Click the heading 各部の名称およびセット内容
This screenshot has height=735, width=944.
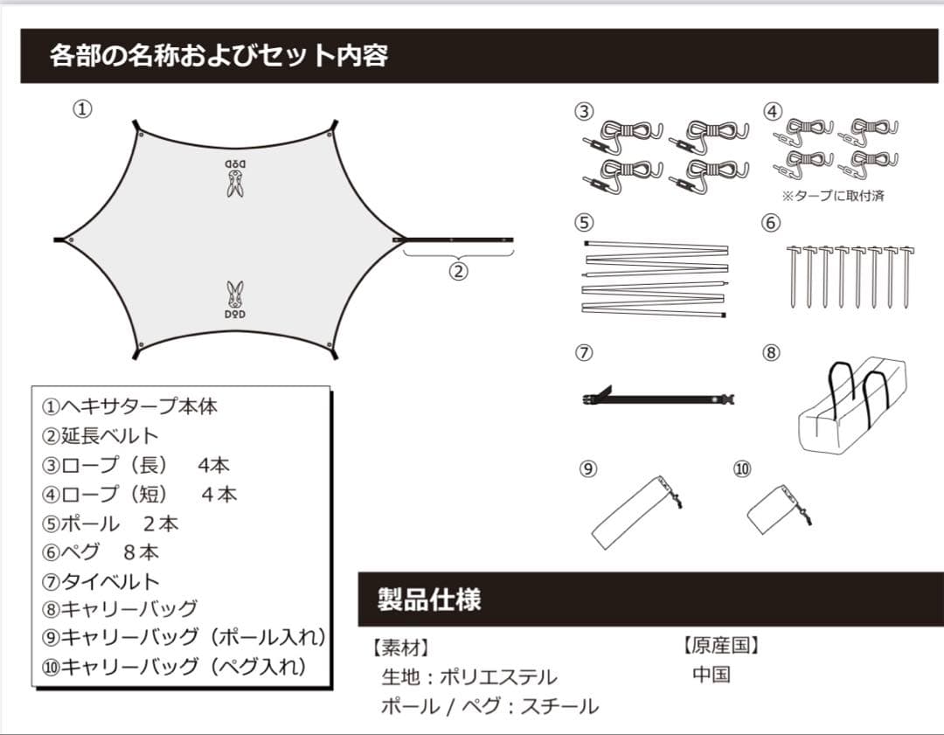219,56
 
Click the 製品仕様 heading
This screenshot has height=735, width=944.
429,600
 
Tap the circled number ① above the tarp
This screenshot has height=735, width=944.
81,109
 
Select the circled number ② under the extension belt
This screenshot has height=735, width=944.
458,271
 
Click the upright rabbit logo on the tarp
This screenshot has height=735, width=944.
234,298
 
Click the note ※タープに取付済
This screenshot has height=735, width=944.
833,196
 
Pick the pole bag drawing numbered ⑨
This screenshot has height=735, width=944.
635,511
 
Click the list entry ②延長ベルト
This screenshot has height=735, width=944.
101,436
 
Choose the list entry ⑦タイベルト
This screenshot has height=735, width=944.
101,581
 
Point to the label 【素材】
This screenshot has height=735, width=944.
400,648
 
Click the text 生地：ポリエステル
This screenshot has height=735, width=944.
469,676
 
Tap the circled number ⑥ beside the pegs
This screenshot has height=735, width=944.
771,223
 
